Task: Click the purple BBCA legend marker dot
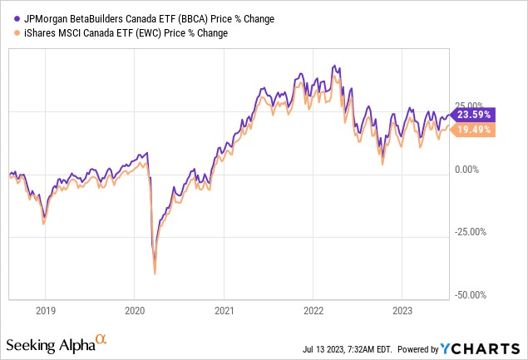(x=7, y=18)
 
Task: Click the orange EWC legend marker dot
(x=7, y=33)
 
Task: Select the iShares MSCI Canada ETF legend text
(x=116, y=33)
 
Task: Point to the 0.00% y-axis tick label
(x=471, y=170)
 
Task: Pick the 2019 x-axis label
(x=46, y=310)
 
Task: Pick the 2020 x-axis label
(x=135, y=310)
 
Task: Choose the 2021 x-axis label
(x=224, y=310)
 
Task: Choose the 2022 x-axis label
(x=313, y=310)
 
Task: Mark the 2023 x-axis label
(x=402, y=310)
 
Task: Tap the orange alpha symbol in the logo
(x=101, y=340)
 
